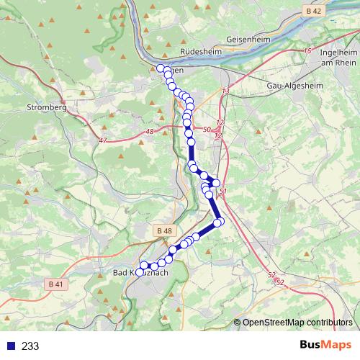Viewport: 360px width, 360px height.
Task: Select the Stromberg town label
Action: pos(47,107)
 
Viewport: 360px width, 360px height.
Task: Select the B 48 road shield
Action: pos(163,230)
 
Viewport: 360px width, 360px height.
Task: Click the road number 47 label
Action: pos(104,141)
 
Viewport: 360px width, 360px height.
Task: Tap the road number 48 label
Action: pos(150,132)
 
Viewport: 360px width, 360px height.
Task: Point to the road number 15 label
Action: pos(307,51)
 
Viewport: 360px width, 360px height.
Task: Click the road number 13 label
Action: pos(225,91)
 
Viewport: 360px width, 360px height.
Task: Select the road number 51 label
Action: pos(223,192)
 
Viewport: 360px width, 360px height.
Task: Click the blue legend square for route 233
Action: pos(8,346)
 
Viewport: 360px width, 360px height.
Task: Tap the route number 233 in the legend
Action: pos(31,346)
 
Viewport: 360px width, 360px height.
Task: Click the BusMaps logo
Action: pos(326,345)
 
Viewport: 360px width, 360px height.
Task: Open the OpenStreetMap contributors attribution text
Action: pos(297,322)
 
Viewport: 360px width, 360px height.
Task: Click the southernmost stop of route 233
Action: pos(140,272)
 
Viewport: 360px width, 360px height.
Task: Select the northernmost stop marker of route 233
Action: pos(160,68)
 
